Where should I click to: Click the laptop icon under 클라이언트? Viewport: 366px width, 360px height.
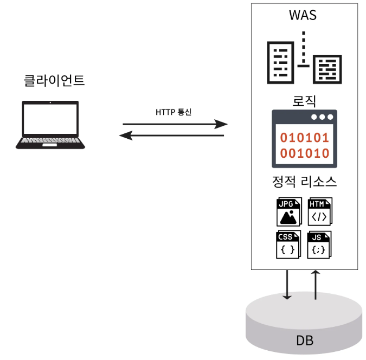point(50,124)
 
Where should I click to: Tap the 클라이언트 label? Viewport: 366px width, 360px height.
point(54,82)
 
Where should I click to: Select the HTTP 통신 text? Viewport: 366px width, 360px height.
point(174,112)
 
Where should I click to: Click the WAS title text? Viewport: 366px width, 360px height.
point(303,15)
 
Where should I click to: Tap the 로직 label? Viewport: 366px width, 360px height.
point(304,100)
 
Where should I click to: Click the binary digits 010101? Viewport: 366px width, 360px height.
point(304,138)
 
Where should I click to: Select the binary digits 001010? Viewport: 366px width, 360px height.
point(304,153)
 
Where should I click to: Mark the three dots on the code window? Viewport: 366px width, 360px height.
point(323,117)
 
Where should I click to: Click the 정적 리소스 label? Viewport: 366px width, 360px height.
point(304,182)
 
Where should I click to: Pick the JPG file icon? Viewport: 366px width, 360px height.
point(288,212)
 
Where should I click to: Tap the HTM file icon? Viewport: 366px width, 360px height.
point(319,212)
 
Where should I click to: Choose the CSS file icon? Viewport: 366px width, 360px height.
point(288,245)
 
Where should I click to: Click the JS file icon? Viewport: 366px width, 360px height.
point(319,245)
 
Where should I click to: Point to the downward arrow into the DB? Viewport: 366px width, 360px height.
point(287,284)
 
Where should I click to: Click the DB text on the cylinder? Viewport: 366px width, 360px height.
point(304,341)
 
